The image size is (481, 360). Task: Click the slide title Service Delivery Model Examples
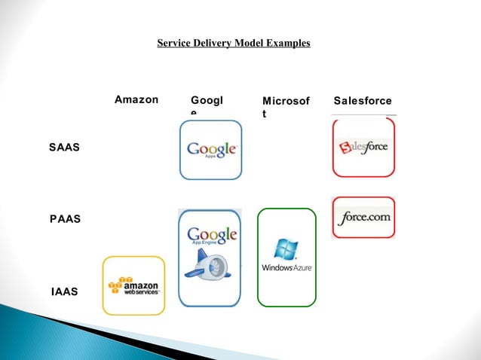[x=233, y=44]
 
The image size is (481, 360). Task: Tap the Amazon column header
[x=136, y=99]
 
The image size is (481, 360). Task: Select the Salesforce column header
[x=367, y=100]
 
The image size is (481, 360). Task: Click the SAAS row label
[x=65, y=148]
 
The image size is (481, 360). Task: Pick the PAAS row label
[x=66, y=218]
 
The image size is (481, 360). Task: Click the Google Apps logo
[x=211, y=149]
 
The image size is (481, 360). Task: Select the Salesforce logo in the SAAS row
[x=363, y=146]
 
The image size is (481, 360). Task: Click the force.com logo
[x=363, y=217]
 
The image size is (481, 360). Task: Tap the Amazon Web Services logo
[x=134, y=286]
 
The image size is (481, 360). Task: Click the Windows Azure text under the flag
[x=286, y=267]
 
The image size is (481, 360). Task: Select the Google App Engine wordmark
[x=211, y=236]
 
